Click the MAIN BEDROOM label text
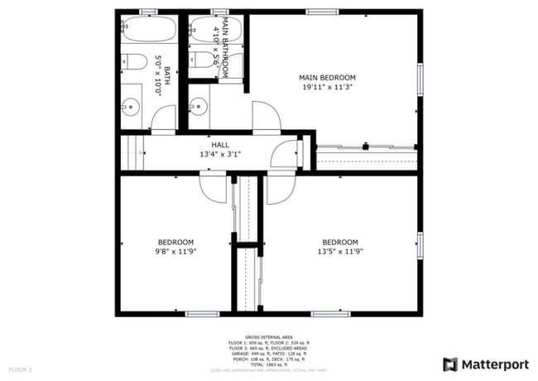pos(333,77)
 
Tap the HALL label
pos(219,144)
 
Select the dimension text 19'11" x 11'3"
pos(333,87)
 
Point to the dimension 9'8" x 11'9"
pos(175,251)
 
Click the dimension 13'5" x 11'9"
pos(339,251)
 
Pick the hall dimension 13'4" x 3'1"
pos(219,154)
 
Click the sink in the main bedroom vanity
pos(196,106)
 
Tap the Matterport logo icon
pos(450,364)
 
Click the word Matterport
pos(494,364)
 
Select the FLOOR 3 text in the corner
pos(20,368)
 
